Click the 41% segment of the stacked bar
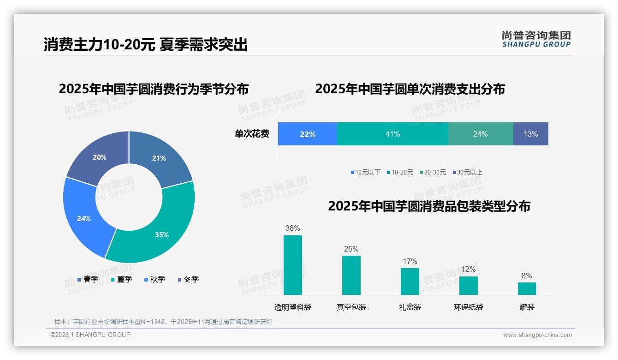392,134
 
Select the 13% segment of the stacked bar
530,134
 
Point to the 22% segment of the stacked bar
307,134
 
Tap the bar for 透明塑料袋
292,265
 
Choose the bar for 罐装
527,288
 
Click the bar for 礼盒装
410,281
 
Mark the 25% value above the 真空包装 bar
351,249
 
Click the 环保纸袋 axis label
468,307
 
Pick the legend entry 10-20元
402,172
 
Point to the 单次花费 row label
252,134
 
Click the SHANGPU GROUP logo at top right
536,39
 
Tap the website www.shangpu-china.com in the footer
537,335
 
